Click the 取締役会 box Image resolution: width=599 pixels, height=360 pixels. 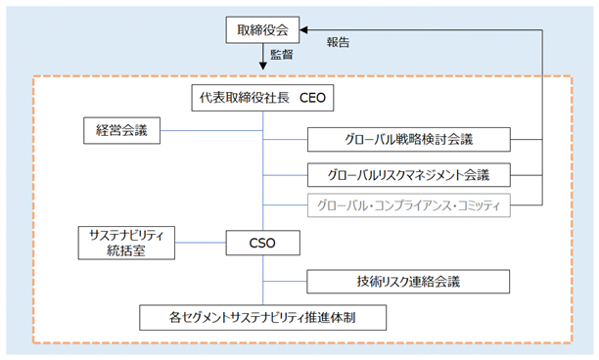[x=262, y=29]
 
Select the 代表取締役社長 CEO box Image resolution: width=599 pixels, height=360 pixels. [x=262, y=98]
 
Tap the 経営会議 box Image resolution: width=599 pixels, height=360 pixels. [x=122, y=130]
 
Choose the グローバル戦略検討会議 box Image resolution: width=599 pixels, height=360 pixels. [x=409, y=140]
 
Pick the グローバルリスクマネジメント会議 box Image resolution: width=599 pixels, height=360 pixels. [x=409, y=175]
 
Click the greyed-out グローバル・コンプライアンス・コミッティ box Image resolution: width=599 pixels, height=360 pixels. [x=409, y=205]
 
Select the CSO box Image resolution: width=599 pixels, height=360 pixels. [x=263, y=243]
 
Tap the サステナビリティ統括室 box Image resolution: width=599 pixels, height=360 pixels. [x=126, y=243]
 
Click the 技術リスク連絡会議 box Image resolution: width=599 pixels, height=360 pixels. [x=408, y=282]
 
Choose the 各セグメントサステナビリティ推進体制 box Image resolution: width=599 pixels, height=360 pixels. [x=263, y=318]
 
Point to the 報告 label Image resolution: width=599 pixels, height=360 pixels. [x=338, y=42]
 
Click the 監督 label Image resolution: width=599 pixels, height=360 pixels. [x=282, y=55]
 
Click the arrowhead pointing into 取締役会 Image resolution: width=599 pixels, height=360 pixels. [x=303, y=29]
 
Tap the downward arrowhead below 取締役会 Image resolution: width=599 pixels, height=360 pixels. [x=263, y=66]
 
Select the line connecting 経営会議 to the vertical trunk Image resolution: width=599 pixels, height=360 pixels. [x=211, y=130]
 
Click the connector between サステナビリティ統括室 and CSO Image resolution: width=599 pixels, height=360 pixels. [x=201, y=243]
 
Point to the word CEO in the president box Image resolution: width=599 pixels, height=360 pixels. [x=312, y=98]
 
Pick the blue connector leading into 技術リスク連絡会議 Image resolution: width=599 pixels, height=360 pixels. [x=285, y=282]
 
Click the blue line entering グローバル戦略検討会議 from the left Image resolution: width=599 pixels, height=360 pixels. [x=286, y=140]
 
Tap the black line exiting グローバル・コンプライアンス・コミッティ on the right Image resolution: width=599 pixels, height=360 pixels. [x=527, y=205]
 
